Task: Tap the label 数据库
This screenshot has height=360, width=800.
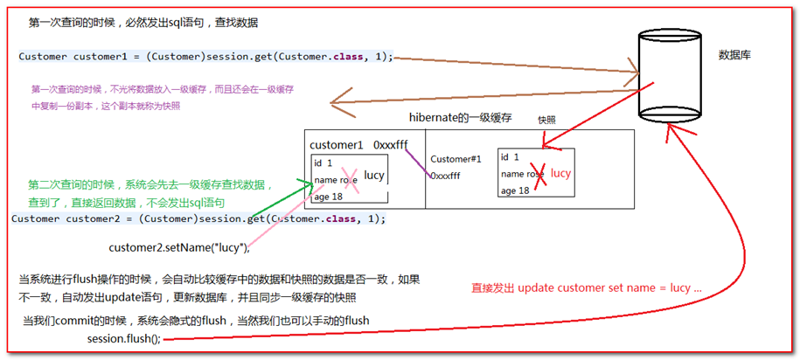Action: click(x=734, y=55)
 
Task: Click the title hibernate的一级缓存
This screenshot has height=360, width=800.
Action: click(x=461, y=117)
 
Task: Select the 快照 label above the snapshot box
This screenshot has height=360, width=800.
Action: click(x=547, y=121)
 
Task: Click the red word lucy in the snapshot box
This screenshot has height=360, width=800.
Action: click(x=560, y=173)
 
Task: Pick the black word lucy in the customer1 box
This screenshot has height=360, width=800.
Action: click(x=373, y=176)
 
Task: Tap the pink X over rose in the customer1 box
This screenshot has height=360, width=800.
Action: click(x=351, y=180)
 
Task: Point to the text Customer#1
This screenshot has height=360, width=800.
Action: click(x=456, y=159)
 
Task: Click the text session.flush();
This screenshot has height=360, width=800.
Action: click(x=124, y=339)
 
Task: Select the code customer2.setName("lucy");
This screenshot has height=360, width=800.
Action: click(x=179, y=248)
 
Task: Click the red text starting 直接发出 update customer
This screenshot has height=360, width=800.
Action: click(x=587, y=288)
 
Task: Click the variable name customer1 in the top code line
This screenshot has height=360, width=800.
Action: click(x=94, y=57)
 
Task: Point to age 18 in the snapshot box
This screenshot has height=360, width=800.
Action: click(x=515, y=190)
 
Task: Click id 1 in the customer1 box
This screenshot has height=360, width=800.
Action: click(x=323, y=163)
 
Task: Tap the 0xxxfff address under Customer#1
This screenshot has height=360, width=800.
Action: click(x=445, y=176)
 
